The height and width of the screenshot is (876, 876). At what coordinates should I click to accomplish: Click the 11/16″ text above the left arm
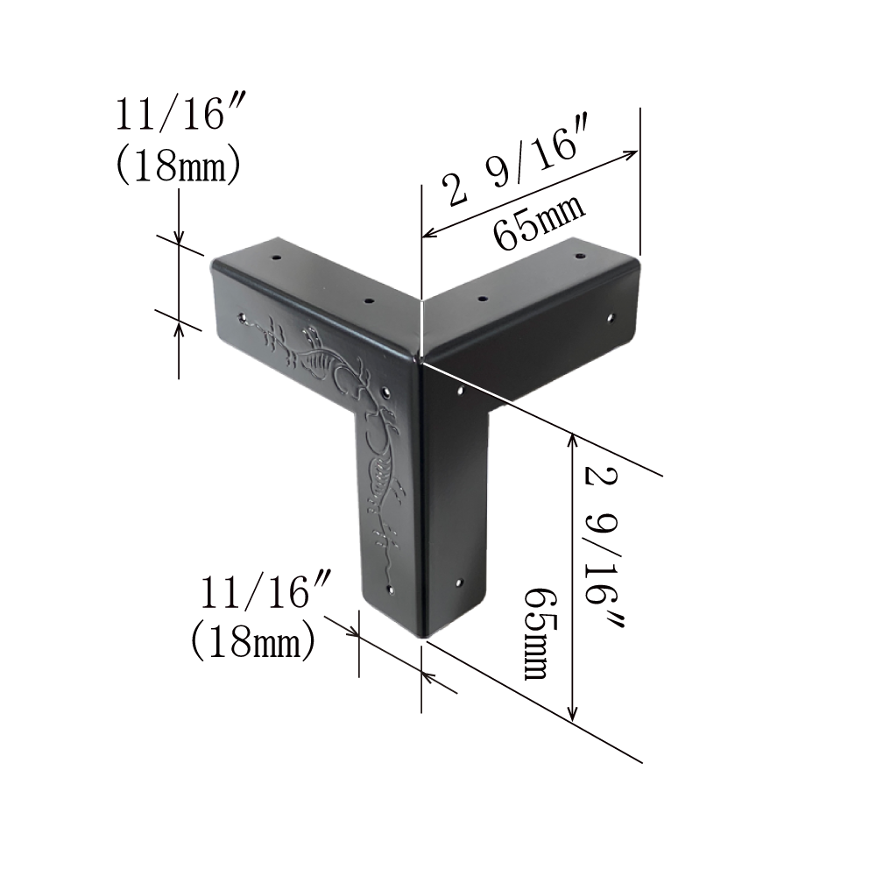click(x=169, y=114)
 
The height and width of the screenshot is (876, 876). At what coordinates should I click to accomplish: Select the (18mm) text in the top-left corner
click(x=178, y=165)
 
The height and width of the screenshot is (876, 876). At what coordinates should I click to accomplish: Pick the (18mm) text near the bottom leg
click(x=253, y=642)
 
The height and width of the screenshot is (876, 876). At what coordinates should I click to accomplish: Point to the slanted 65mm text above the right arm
click(x=539, y=222)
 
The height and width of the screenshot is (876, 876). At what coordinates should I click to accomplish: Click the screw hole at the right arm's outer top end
click(x=581, y=258)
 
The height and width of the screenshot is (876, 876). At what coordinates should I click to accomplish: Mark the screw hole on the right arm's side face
click(x=611, y=319)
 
